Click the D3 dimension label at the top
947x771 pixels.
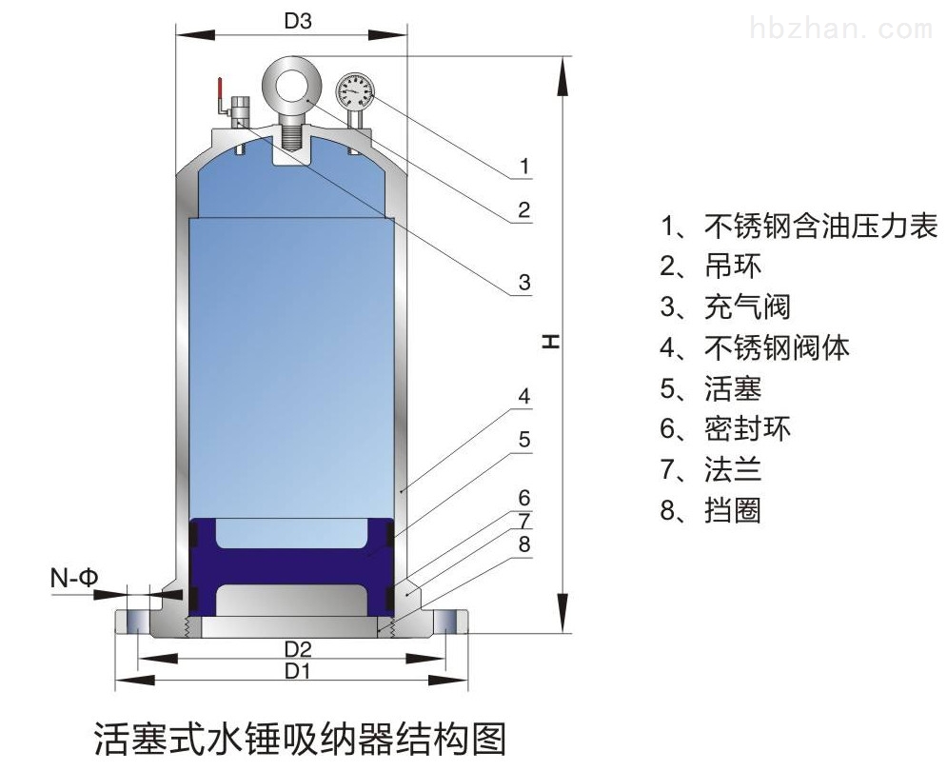298,22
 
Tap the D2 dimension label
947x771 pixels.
298,649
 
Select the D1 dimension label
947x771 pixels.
297,671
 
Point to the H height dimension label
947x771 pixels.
550,341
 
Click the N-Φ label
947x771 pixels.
73,579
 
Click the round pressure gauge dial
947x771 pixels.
354,90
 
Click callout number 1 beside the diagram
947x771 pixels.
524,165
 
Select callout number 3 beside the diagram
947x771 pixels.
524,282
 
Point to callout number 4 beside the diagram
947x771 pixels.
523,396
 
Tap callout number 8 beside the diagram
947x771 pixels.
523,544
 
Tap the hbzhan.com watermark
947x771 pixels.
841,29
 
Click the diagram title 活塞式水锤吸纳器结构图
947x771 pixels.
300,739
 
